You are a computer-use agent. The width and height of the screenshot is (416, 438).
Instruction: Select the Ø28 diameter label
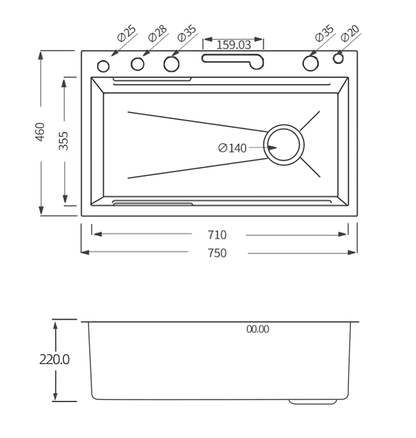click(157, 34)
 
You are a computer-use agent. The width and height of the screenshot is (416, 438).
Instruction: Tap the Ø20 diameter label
click(350, 34)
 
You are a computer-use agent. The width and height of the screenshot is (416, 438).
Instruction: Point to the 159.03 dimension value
click(234, 44)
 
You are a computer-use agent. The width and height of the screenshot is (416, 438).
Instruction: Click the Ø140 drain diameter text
click(232, 148)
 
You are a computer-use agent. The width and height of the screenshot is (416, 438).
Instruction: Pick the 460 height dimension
click(40, 132)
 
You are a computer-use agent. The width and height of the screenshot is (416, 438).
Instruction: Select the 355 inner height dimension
click(64, 141)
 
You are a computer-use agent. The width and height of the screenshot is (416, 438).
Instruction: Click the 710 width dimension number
click(217, 235)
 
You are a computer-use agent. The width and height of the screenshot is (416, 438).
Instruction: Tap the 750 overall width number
click(217, 253)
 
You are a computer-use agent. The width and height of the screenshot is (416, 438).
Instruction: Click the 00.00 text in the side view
click(258, 329)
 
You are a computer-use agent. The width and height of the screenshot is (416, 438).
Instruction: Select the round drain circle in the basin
click(286, 145)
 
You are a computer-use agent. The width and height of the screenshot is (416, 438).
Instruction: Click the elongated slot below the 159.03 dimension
click(232, 59)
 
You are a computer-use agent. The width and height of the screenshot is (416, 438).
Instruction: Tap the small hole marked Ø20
click(338, 59)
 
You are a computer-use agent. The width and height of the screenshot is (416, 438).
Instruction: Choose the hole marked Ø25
click(103, 66)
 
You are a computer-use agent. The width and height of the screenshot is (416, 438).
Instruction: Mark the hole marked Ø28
click(137, 64)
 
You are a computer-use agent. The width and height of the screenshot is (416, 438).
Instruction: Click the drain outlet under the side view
click(312, 402)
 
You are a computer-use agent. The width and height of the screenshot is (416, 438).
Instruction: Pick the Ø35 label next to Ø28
click(187, 34)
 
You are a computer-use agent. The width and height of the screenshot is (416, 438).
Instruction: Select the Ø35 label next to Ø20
click(324, 34)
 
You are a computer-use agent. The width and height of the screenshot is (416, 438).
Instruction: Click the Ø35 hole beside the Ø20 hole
click(310, 63)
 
